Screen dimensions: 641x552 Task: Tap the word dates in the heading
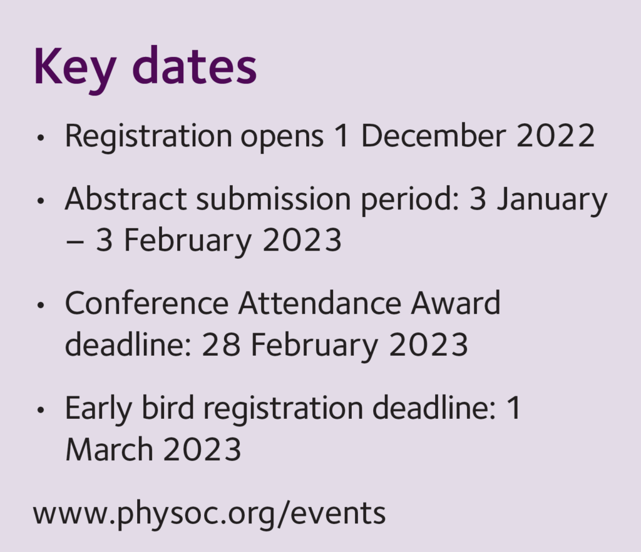pyautogui.click(x=195, y=65)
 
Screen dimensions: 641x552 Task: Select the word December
pyautogui.click(x=433, y=135)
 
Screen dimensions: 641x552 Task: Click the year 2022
pyautogui.click(x=556, y=136)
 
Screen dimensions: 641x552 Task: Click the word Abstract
pyautogui.click(x=126, y=199)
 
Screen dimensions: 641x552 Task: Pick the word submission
pyautogui.click(x=274, y=199)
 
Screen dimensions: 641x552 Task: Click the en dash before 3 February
pyautogui.click(x=75, y=242)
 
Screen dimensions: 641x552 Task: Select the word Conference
pyautogui.click(x=146, y=303)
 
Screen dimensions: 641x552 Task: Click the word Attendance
pyautogui.click(x=320, y=303)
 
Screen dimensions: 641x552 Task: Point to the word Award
pyautogui.click(x=456, y=303)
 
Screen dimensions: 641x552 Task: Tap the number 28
pyautogui.click(x=221, y=344)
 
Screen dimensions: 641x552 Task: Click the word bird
pyautogui.click(x=168, y=408)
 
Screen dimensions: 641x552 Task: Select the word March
pyautogui.click(x=109, y=449)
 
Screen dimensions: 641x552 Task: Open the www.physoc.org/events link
pyautogui.click(x=209, y=514)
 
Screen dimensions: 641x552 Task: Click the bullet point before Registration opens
pyautogui.click(x=40, y=138)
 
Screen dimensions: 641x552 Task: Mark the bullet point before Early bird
pyautogui.click(x=40, y=410)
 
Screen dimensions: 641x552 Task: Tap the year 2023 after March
pyautogui.click(x=202, y=449)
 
